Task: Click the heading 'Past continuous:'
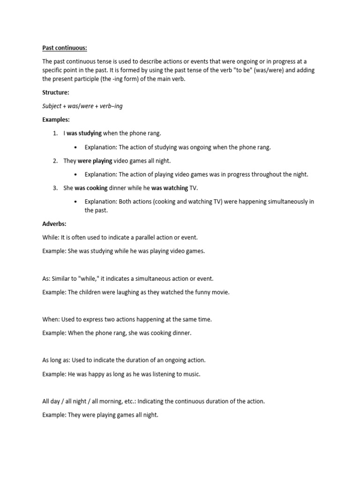(61, 48)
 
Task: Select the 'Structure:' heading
(55, 93)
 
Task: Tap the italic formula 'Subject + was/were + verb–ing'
(82, 106)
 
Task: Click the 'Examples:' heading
(56, 120)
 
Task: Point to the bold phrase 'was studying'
(84, 134)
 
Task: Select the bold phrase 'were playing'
(95, 161)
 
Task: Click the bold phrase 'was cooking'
(91, 188)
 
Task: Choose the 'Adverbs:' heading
(54, 224)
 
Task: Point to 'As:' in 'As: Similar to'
(46, 278)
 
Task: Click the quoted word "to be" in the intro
(240, 70)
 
